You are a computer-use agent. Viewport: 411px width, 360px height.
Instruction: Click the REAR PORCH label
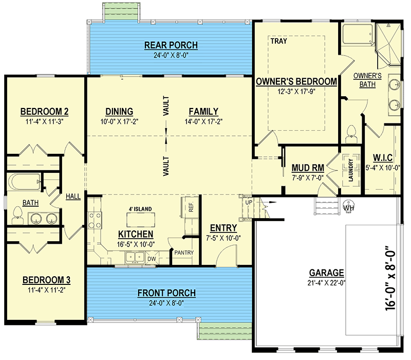tap(171, 45)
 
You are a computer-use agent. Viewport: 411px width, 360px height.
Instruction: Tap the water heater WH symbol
tap(349, 205)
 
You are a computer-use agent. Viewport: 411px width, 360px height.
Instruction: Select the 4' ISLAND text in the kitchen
tap(140, 209)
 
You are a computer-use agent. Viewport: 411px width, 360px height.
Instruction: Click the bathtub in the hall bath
tap(24, 182)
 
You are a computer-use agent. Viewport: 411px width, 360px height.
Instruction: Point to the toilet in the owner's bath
tap(351, 134)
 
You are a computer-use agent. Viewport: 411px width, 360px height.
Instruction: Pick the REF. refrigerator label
tap(191, 207)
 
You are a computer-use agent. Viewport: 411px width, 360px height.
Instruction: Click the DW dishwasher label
tap(152, 259)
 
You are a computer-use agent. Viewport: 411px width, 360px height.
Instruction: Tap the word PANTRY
tap(184, 253)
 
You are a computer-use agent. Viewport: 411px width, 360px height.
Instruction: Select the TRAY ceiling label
tap(278, 41)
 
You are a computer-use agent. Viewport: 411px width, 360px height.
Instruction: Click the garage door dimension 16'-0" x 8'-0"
tap(390, 278)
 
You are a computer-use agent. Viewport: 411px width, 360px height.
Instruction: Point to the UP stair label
tap(249, 202)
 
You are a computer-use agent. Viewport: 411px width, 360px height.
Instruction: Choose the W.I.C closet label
tap(383, 158)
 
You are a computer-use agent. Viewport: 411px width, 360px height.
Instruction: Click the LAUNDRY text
tap(351, 170)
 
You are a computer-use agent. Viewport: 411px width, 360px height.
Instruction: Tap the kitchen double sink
tap(135, 258)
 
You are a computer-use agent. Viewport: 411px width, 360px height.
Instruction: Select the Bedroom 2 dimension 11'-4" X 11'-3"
tap(45, 121)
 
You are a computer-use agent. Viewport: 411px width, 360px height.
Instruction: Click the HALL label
tap(73, 196)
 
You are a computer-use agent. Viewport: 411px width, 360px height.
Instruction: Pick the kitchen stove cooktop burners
tap(95, 221)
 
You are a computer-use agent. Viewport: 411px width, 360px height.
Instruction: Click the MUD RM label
tap(308, 168)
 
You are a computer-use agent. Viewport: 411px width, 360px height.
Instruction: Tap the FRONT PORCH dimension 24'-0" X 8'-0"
tap(166, 303)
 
